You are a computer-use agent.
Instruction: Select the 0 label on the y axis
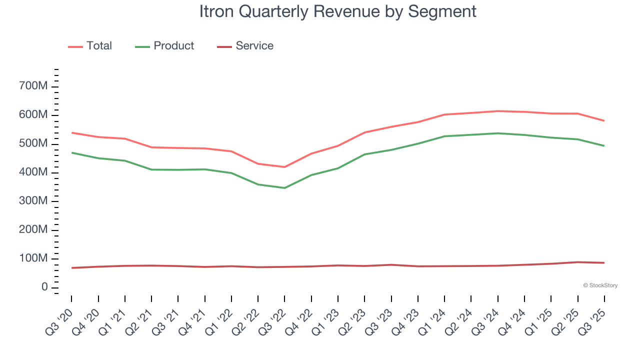pos(44,287)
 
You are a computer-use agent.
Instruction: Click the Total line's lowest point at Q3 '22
pos(284,167)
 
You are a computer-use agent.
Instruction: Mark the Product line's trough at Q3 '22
pos(284,188)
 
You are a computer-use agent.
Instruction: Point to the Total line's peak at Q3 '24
pos(498,111)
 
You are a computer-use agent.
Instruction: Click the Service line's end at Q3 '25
pos(604,263)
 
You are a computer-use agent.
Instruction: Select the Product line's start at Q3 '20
pos(71,152)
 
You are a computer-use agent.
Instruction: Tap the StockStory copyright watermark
pos(600,285)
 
